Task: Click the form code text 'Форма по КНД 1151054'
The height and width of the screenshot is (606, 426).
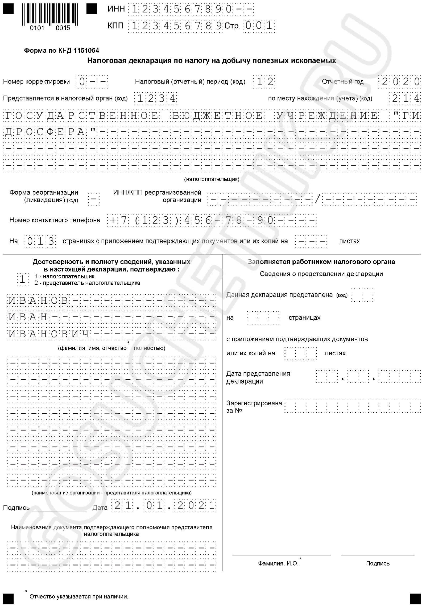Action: [61, 51]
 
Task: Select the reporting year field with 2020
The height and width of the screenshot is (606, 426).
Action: [399, 81]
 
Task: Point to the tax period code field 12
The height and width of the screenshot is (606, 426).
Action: [263, 81]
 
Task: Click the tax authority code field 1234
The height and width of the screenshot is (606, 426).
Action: [155, 98]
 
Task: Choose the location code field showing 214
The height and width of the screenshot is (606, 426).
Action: [405, 98]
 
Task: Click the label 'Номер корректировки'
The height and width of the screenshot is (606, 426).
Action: [36, 82]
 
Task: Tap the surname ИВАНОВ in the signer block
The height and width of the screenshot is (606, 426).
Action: [38, 300]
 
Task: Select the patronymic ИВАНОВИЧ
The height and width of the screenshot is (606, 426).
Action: [49, 334]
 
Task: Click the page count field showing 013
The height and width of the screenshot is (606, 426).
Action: [40, 241]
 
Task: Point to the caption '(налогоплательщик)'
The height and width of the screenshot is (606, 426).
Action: [212, 179]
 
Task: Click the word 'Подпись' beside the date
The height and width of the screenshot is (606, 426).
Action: [16, 508]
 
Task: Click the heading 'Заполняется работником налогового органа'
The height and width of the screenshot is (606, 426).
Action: [321, 262]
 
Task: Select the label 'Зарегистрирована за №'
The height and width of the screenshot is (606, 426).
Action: [254, 407]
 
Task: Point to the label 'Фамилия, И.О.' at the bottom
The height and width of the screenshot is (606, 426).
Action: [278, 563]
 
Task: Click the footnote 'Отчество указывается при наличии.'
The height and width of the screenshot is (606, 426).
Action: [79, 596]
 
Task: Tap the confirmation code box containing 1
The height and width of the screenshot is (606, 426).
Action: [23, 279]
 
